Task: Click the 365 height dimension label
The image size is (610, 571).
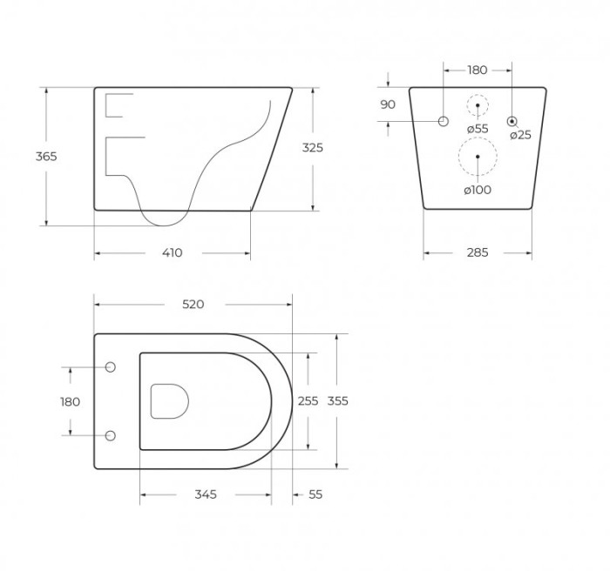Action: click(x=46, y=157)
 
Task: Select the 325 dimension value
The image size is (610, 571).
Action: click(x=313, y=148)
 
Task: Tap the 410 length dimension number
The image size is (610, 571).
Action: click(x=172, y=253)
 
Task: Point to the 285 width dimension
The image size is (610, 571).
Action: click(x=478, y=253)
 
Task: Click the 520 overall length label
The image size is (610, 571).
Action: click(x=193, y=305)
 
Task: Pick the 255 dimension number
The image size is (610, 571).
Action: click(x=308, y=400)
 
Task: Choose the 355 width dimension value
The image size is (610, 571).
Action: click(x=338, y=400)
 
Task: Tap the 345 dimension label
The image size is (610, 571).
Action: click(x=206, y=494)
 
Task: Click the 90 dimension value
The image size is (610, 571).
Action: click(x=388, y=104)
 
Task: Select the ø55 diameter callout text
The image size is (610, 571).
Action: click(x=478, y=129)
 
